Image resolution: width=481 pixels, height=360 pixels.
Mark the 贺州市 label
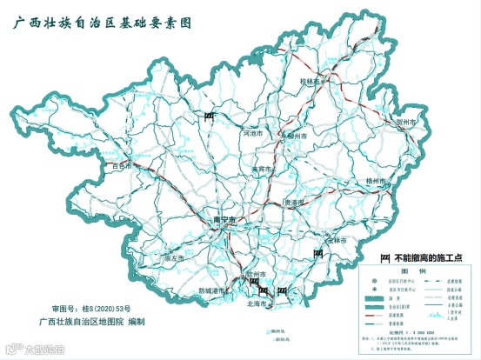point(407,123)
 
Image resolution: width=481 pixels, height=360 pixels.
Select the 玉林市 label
point(337,239)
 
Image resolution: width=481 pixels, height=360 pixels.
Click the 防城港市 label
point(214,290)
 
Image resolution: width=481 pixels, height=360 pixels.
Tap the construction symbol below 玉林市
point(320,252)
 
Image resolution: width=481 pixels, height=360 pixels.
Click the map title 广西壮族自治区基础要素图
point(113,23)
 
